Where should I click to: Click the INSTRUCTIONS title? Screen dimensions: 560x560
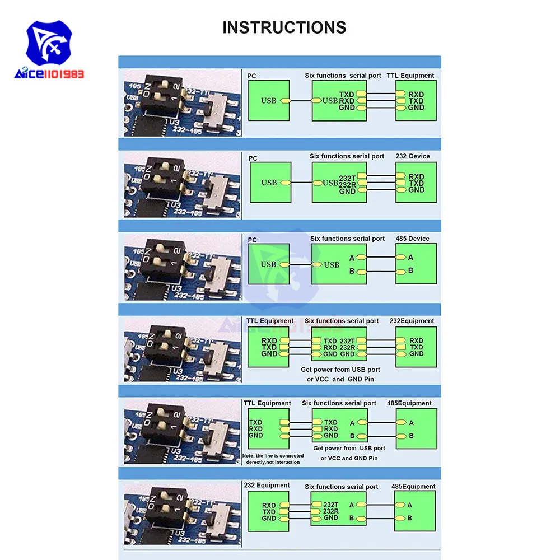pos(284,27)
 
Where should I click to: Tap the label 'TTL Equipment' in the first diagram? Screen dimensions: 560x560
pos(410,75)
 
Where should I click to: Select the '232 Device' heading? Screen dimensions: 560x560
pos(412,156)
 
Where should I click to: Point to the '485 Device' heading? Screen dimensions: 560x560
pos(411,239)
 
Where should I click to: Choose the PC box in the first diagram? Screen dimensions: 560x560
pos(269,100)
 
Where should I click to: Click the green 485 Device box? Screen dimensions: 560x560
pos(416,264)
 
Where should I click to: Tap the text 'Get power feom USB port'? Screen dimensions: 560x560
pos(340,370)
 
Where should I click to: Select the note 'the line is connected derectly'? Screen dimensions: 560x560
pos(273,459)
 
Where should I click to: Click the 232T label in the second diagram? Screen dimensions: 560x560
pos(347,178)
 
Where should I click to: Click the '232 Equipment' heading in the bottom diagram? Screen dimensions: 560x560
pos(267,485)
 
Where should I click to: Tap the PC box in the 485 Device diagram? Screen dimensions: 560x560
pos(269,264)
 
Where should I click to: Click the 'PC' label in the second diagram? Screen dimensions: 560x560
pos(253,158)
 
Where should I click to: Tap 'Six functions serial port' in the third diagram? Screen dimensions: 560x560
pos(347,239)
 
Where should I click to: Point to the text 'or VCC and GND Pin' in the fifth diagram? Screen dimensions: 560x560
pos(349,458)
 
